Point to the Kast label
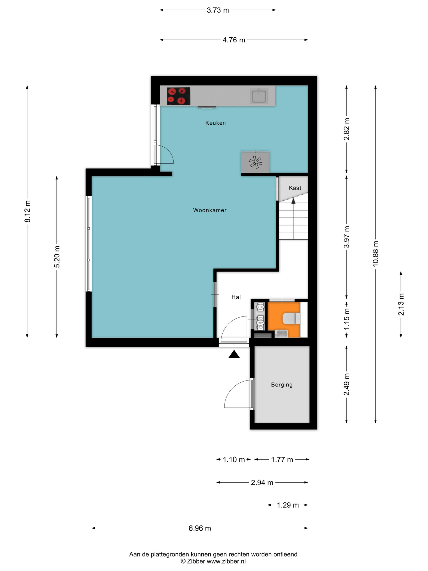click(x=295, y=188)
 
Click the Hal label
click(x=236, y=297)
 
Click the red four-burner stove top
click(x=178, y=96)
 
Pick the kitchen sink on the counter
click(x=259, y=96)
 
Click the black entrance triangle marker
click(x=234, y=354)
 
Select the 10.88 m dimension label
click(x=375, y=253)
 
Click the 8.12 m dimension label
click(x=27, y=211)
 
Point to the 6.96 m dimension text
click(x=200, y=528)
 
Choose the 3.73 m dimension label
click(x=218, y=10)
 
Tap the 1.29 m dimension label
click(x=288, y=505)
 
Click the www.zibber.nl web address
click(x=226, y=561)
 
